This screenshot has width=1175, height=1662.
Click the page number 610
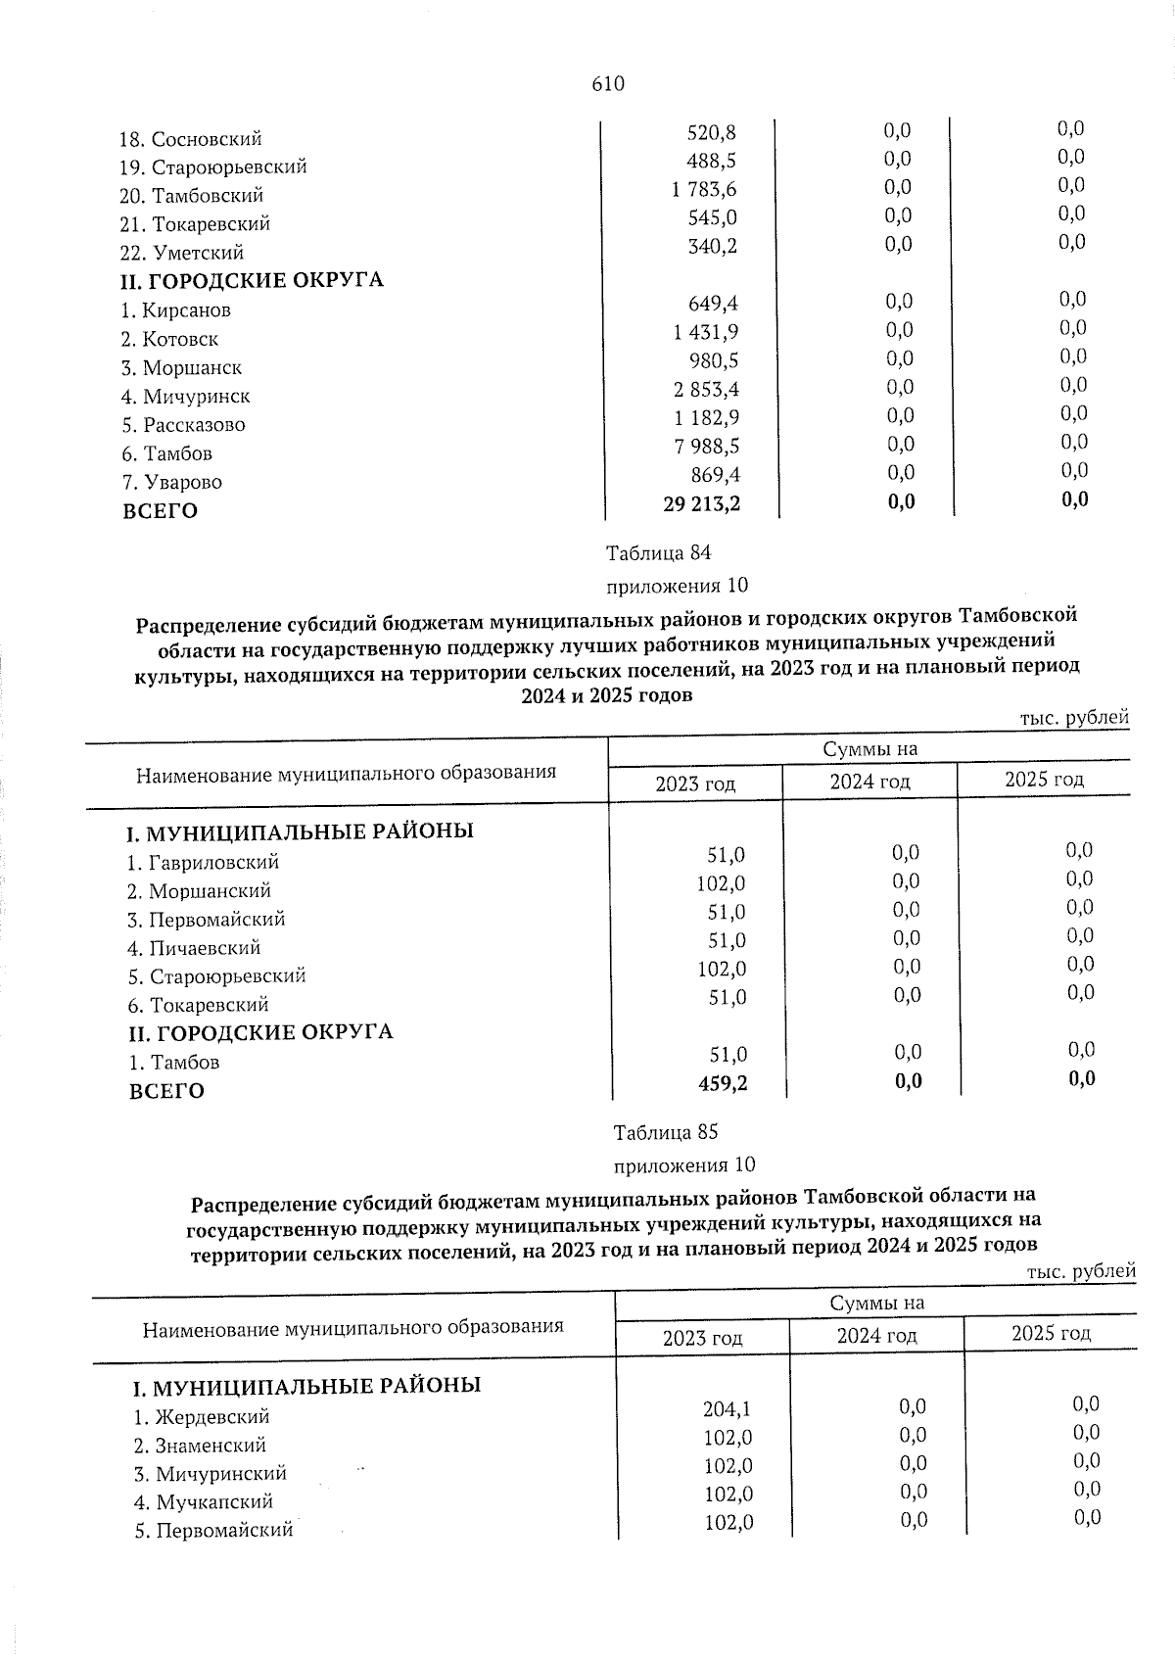607,84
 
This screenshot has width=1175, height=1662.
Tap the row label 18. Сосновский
191,139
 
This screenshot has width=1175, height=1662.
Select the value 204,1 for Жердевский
728,1409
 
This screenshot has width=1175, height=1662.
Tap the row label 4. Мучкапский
204,1501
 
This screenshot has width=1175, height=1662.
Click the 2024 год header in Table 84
869,782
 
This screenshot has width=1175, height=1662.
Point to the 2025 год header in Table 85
1050,1333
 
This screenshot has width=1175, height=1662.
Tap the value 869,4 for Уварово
713,476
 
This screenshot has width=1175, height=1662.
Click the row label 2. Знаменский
200,1445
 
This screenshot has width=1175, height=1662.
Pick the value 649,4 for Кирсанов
713,304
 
